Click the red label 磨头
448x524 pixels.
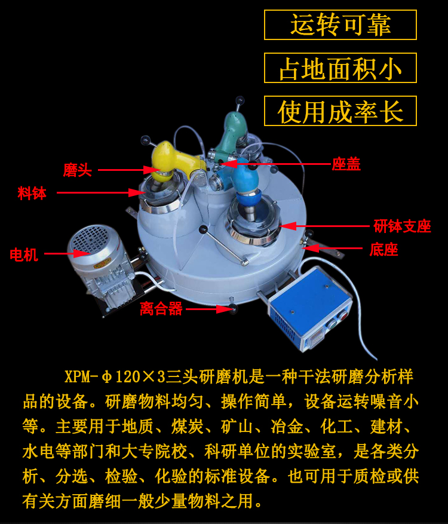click(x=78, y=170)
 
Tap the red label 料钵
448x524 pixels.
click(x=32, y=193)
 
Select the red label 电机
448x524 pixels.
click(x=24, y=255)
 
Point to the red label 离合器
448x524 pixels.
click(x=161, y=308)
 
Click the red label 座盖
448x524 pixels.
click(x=346, y=164)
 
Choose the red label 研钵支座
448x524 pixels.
click(x=402, y=226)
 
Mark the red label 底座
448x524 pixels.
click(x=383, y=249)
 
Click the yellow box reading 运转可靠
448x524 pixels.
click(x=340, y=24)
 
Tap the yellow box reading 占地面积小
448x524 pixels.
click(x=340, y=68)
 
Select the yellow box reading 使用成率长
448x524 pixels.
click(x=340, y=111)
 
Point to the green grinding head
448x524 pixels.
click(x=232, y=136)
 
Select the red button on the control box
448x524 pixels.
click(x=342, y=316)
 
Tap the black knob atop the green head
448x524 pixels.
click(x=240, y=100)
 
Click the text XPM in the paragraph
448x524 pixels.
click(x=78, y=376)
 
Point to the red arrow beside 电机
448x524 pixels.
click(x=67, y=254)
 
